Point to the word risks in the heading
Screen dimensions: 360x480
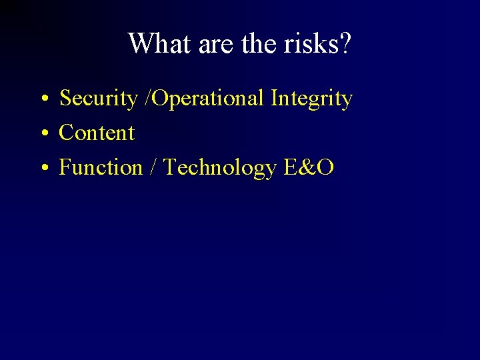pyautogui.click(x=307, y=44)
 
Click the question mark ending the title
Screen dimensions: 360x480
pyautogui.click(x=345, y=44)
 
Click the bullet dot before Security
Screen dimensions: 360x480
pyautogui.click(x=42, y=100)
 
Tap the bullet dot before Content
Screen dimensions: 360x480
pyautogui.click(x=42, y=134)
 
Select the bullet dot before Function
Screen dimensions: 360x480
pyautogui.click(x=42, y=169)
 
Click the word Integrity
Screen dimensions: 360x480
pyautogui.click(x=311, y=99)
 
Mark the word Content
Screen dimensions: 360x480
pyautogui.click(x=97, y=133)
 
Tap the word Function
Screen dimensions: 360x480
pyautogui.click(x=101, y=167)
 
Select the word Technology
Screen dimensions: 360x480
pyautogui.click(x=220, y=167)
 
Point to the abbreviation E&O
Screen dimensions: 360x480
pyautogui.click(x=308, y=167)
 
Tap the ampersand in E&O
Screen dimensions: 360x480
pyautogui.click(x=307, y=167)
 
